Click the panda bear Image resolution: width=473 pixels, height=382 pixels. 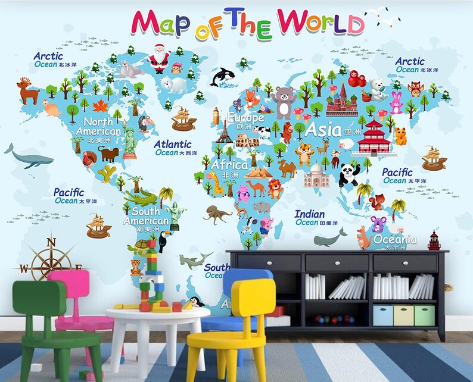(348, 174)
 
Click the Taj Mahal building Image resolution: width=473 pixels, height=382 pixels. (316, 176)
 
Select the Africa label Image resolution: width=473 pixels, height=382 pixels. (230, 165)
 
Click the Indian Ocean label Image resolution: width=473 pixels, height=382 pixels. (310, 214)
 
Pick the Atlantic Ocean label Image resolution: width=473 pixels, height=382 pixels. (172, 145)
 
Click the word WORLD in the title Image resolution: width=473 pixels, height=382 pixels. (322, 23)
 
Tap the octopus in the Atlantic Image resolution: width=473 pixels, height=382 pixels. (217, 214)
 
